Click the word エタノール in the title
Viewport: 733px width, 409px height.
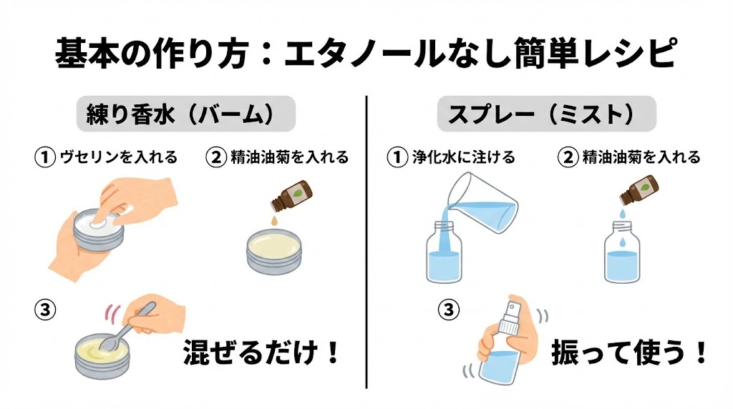pos(364,52)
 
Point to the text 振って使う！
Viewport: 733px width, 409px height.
pos(629,352)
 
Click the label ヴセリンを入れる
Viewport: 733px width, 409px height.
pos(119,157)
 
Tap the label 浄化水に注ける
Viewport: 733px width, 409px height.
pos(463,157)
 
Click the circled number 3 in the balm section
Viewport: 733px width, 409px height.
pos(45,310)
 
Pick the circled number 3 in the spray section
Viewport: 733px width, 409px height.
pos(448,310)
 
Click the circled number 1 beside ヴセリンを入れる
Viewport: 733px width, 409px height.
pos(45,157)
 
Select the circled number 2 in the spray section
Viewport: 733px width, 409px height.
pos(568,157)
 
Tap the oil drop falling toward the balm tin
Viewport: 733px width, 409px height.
pos(274,219)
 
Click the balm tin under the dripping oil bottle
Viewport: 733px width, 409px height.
pos(274,252)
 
